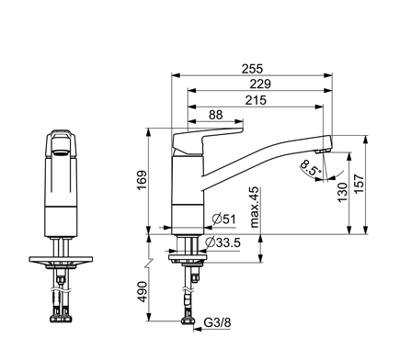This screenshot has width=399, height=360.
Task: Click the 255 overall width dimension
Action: point(252,69)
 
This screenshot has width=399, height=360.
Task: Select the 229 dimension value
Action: point(260,84)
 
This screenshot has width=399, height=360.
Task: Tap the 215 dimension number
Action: point(256,100)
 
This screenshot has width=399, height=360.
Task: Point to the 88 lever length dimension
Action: point(216,115)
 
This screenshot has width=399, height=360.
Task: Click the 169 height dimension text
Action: point(142,180)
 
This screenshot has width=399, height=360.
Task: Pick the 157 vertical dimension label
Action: point(359,184)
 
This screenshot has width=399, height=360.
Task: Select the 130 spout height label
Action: point(343,192)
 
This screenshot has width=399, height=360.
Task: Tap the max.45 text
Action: point(255,208)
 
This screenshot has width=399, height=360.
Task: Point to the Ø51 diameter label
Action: point(224,219)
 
